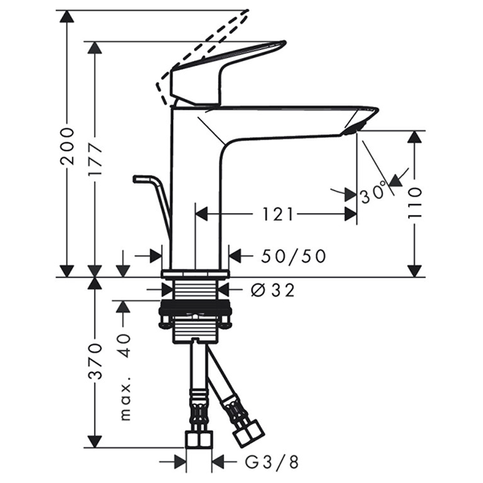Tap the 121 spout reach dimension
(x=276, y=215)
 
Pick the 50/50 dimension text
(x=294, y=256)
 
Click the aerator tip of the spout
(x=355, y=127)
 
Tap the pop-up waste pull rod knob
(x=142, y=178)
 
